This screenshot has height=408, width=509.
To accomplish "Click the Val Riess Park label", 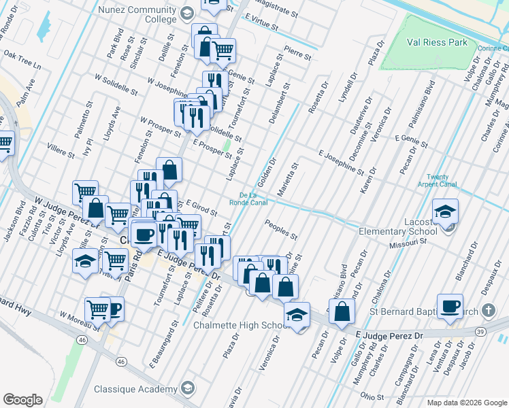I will [438, 42].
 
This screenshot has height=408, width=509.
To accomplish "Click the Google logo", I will [23, 400].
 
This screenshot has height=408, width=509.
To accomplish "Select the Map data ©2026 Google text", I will [467, 403].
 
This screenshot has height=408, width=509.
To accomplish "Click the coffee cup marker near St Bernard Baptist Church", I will [450, 307].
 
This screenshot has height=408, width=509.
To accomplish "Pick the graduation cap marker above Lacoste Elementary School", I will [445, 211].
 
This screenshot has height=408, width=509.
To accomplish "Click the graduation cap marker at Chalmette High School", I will [297, 316].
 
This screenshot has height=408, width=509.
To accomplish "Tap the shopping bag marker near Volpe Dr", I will [344, 312].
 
